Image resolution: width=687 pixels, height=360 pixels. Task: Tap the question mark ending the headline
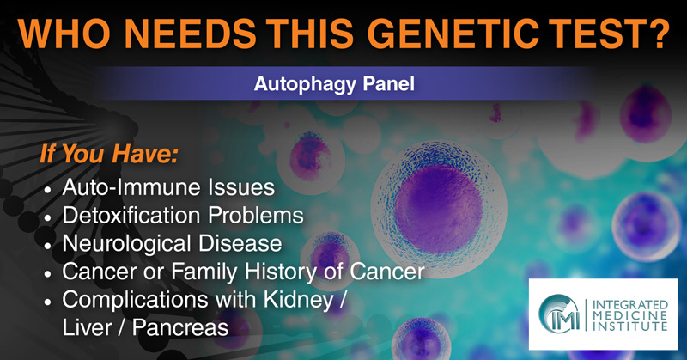pyautogui.click(x=657, y=34)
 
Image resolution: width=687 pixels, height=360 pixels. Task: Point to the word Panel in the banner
pyautogui.click(x=388, y=83)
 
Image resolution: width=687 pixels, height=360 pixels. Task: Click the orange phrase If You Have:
pyautogui.click(x=110, y=154)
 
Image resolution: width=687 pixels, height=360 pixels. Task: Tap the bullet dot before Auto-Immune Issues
pyautogui.click(x=48, y=190)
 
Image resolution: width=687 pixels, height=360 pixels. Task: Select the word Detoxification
pyautogui.click(x=132, y=216)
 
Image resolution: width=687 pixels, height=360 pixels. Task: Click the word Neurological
pyautogui.click(x=126, y=244)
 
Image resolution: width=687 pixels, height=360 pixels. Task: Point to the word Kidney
pyautogui.click(x=298, y=301)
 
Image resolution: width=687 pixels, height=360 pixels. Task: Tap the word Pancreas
pyautogui.click(x=180, y=327)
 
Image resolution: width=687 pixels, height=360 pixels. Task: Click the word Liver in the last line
pyautogui.click(x=88, y=327)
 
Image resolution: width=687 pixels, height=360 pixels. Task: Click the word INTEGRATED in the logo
pyautogui.click(x=630, y=305)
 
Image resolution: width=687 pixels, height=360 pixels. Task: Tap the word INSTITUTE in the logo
pyautogui.click(x=630, y=326)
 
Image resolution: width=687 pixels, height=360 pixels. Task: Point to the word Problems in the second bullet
pyautogui.click(x=256, y=216)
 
